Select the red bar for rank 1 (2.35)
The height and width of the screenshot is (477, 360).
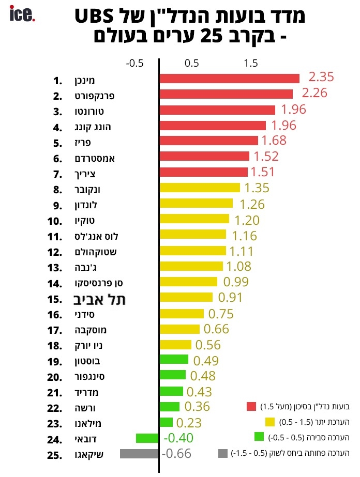click(x=230, y=79)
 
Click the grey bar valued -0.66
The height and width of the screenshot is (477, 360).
click(x=139, y=454)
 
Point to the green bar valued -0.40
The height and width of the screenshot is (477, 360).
click(x=147, y=438)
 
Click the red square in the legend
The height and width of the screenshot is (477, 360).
click(x=252, y=406)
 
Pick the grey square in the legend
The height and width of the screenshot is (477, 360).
click(x=223, y=453)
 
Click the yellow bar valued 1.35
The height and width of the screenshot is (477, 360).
click(x=200, y=187)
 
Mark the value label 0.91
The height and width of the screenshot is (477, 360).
click(x=231, y=297)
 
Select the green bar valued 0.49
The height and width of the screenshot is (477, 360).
click(x=174, y=359)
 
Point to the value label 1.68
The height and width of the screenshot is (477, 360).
click(x=274, y=141)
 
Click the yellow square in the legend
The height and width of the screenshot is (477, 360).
click(x=269, y=422)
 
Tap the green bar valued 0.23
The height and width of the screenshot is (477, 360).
click(x=166, y=422)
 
